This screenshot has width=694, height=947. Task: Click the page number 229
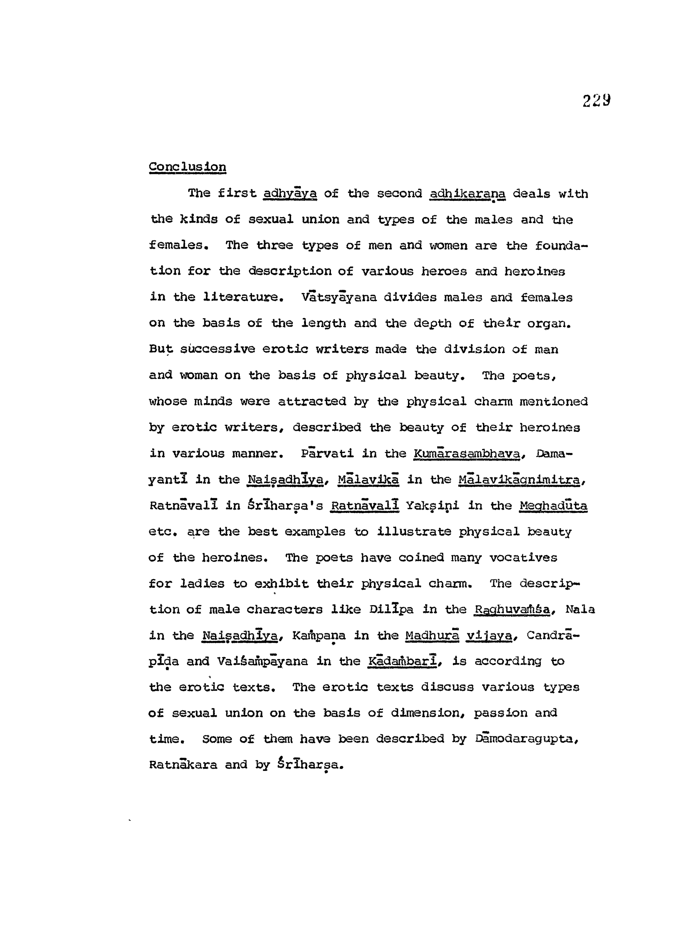[x=596, y=101]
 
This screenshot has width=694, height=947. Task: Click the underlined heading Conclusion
[x=187, y=167]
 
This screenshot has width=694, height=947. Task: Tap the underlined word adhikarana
[x=467, y=194]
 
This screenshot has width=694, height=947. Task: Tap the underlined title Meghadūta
[x=553, y=506]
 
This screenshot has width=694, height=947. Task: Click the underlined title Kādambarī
[x=404, y=661]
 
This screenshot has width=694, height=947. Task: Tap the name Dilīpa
[x=391, y=609]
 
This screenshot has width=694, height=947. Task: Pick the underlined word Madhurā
[x=432, y=635]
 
